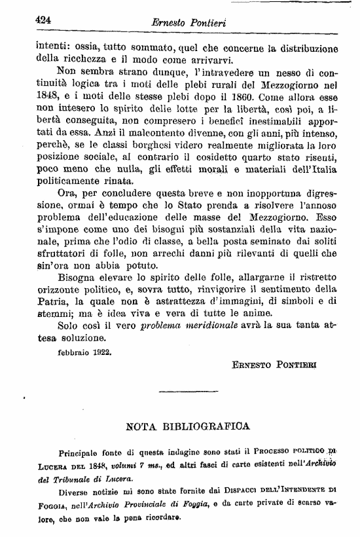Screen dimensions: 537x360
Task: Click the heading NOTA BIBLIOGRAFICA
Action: (x=187, y=426)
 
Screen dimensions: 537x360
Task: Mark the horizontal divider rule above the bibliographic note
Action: (x=189, y=392)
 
